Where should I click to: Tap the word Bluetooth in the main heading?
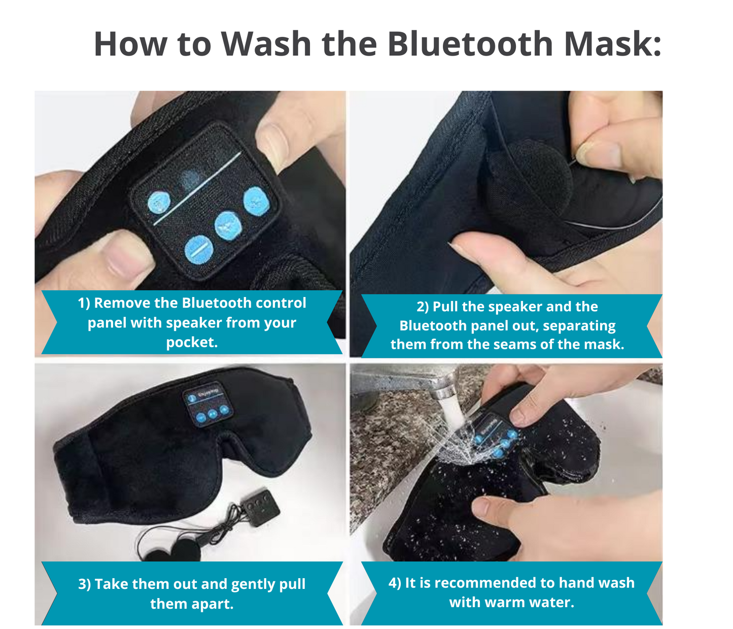pyautogui.click(x=469, y=44)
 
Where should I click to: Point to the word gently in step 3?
pyautogui.click(x=244, y=584)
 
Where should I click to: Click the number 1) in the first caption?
pyautogui.click(x=84, y=303)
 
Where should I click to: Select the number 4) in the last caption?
pyautogui.click(x=395, y=583)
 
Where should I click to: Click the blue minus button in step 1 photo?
pyautogui.click(x=199, y=250)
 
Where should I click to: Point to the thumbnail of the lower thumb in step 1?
pyautogui.click(x=124, y=256)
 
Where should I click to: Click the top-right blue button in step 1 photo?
pyautogui.click(x=255, y=201)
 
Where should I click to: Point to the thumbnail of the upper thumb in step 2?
pyautogui.click(x=599, y=152)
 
